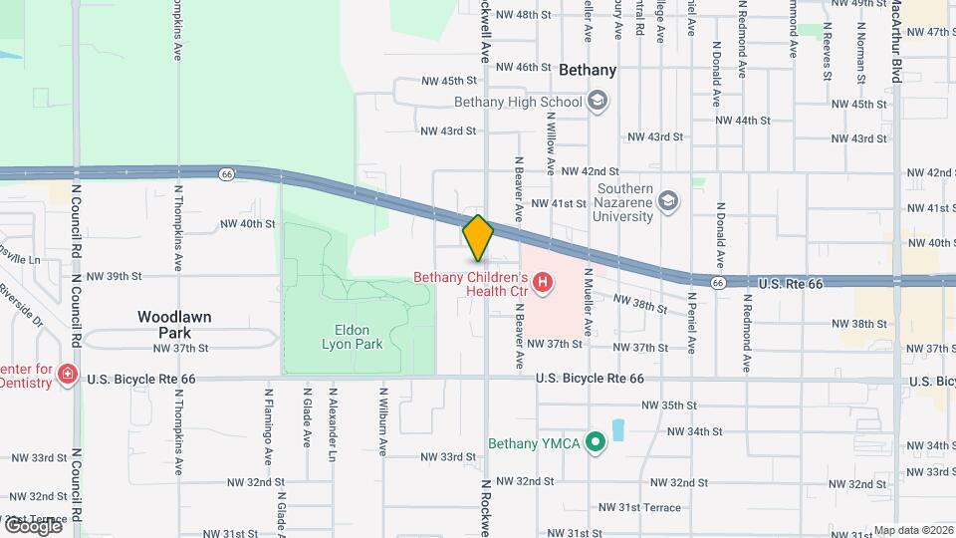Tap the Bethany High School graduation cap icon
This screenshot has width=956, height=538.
point(597,102)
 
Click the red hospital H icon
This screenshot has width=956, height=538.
point(543,284)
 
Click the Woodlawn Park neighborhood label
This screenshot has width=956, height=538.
point(174,325)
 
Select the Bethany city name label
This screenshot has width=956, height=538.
point(588,71)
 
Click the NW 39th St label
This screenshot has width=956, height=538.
point(116,276)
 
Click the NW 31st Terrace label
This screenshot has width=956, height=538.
point(640,508)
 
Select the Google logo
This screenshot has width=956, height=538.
point(32,525)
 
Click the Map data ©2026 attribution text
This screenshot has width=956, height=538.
point(913,530)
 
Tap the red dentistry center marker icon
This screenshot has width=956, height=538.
point(67,375)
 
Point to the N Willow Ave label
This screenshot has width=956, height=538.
point(550,142)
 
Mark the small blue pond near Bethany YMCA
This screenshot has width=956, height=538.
point(618,430)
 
